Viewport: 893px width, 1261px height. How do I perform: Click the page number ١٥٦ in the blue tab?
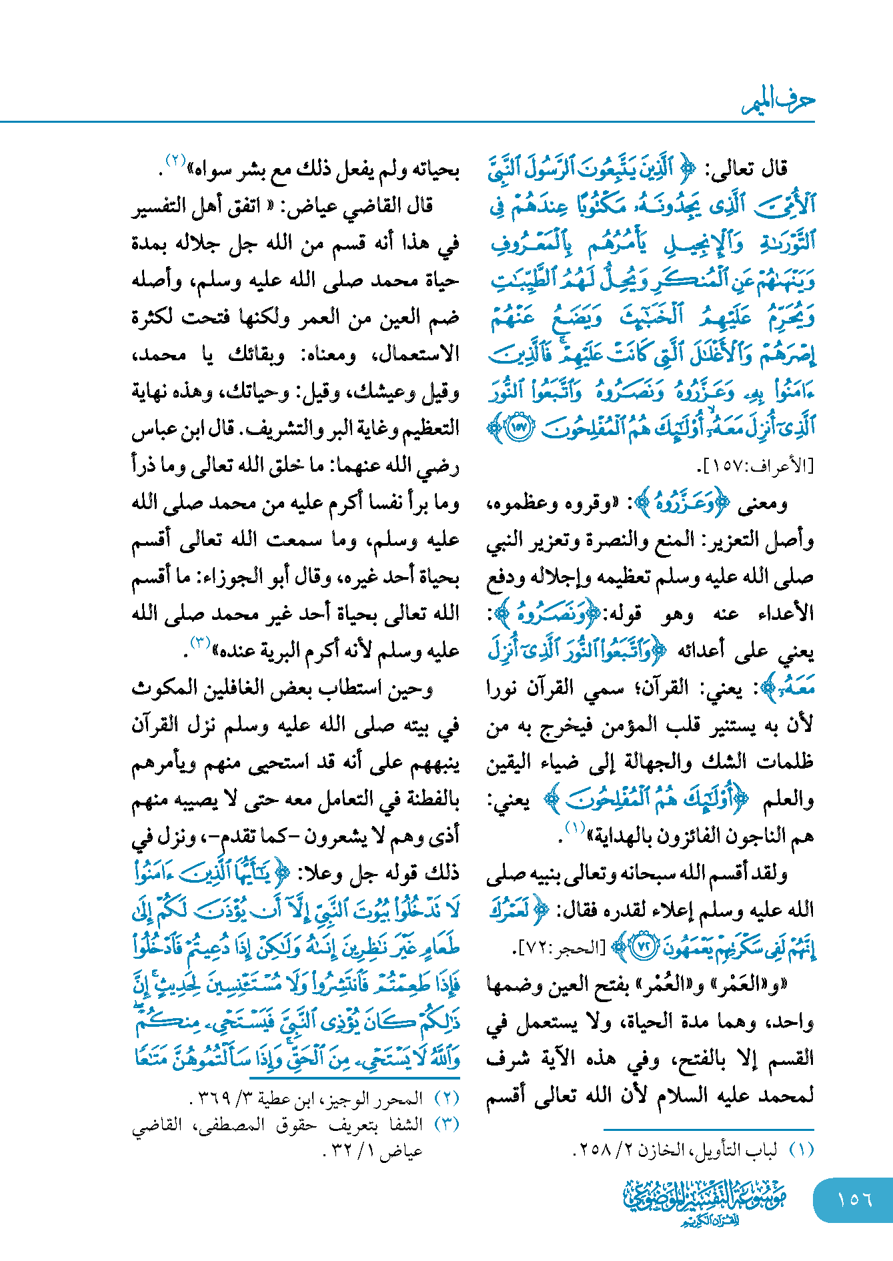coord(854,1199)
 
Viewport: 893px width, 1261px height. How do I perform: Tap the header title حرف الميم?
coord(778,101)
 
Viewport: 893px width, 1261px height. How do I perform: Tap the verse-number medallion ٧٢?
coord(643,948)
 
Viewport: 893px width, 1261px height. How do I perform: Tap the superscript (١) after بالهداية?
coord(574,829)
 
